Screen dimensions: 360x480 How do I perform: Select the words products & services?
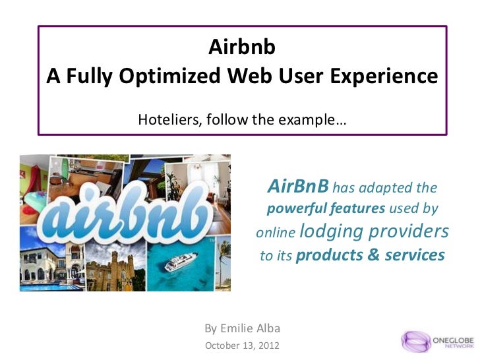[371, 255]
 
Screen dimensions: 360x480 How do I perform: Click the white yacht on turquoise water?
[181, 262]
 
